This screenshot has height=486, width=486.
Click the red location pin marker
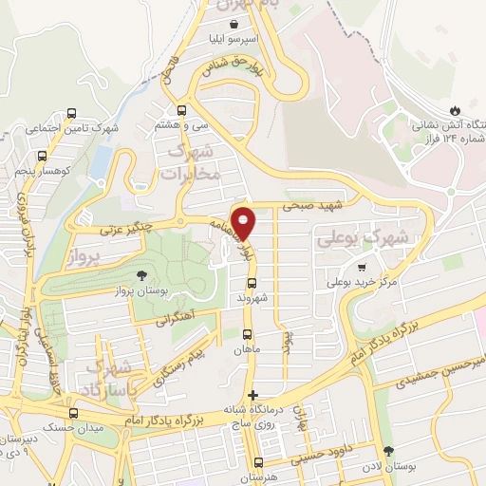point(244,222)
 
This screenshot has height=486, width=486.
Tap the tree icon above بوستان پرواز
point(140,275)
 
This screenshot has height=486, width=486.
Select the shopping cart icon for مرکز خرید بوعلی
point(361,267)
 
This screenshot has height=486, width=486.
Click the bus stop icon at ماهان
point(248,334)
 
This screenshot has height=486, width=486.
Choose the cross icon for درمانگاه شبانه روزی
point(252,394)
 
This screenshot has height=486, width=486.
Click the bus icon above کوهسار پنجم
point(41,156)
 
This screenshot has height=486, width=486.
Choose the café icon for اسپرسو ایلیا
point(234,26)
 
